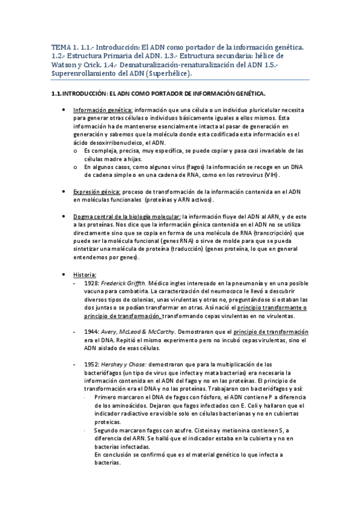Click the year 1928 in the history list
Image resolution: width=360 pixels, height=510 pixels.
92,283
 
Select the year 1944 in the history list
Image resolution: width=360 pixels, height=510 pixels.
92,332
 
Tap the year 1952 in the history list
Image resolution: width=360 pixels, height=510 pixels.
92,364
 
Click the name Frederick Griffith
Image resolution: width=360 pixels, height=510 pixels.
123,283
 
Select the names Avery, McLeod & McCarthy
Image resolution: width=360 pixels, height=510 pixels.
133,332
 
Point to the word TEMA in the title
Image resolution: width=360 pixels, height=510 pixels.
59,46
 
